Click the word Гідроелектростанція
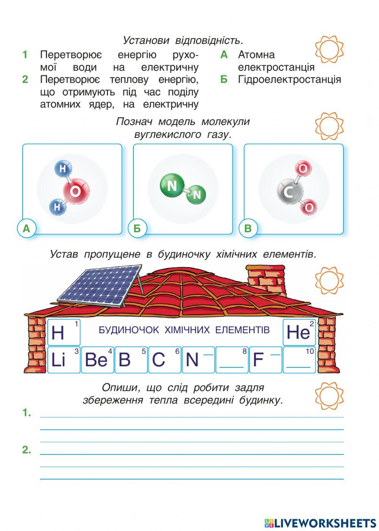point(289,80)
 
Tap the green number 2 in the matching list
point(25,80)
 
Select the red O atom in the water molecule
point(76,192)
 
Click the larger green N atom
point(172,186)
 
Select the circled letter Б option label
point(137,228)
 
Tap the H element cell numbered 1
point(64,332)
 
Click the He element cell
point(299,332)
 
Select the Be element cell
point(97,359)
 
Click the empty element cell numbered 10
point(299,359)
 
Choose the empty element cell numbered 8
point(232,359)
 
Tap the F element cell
point(265,359)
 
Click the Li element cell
point(64,359)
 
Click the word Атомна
point(256,55)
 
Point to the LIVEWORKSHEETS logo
point(320,523)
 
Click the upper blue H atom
point(63,169)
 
